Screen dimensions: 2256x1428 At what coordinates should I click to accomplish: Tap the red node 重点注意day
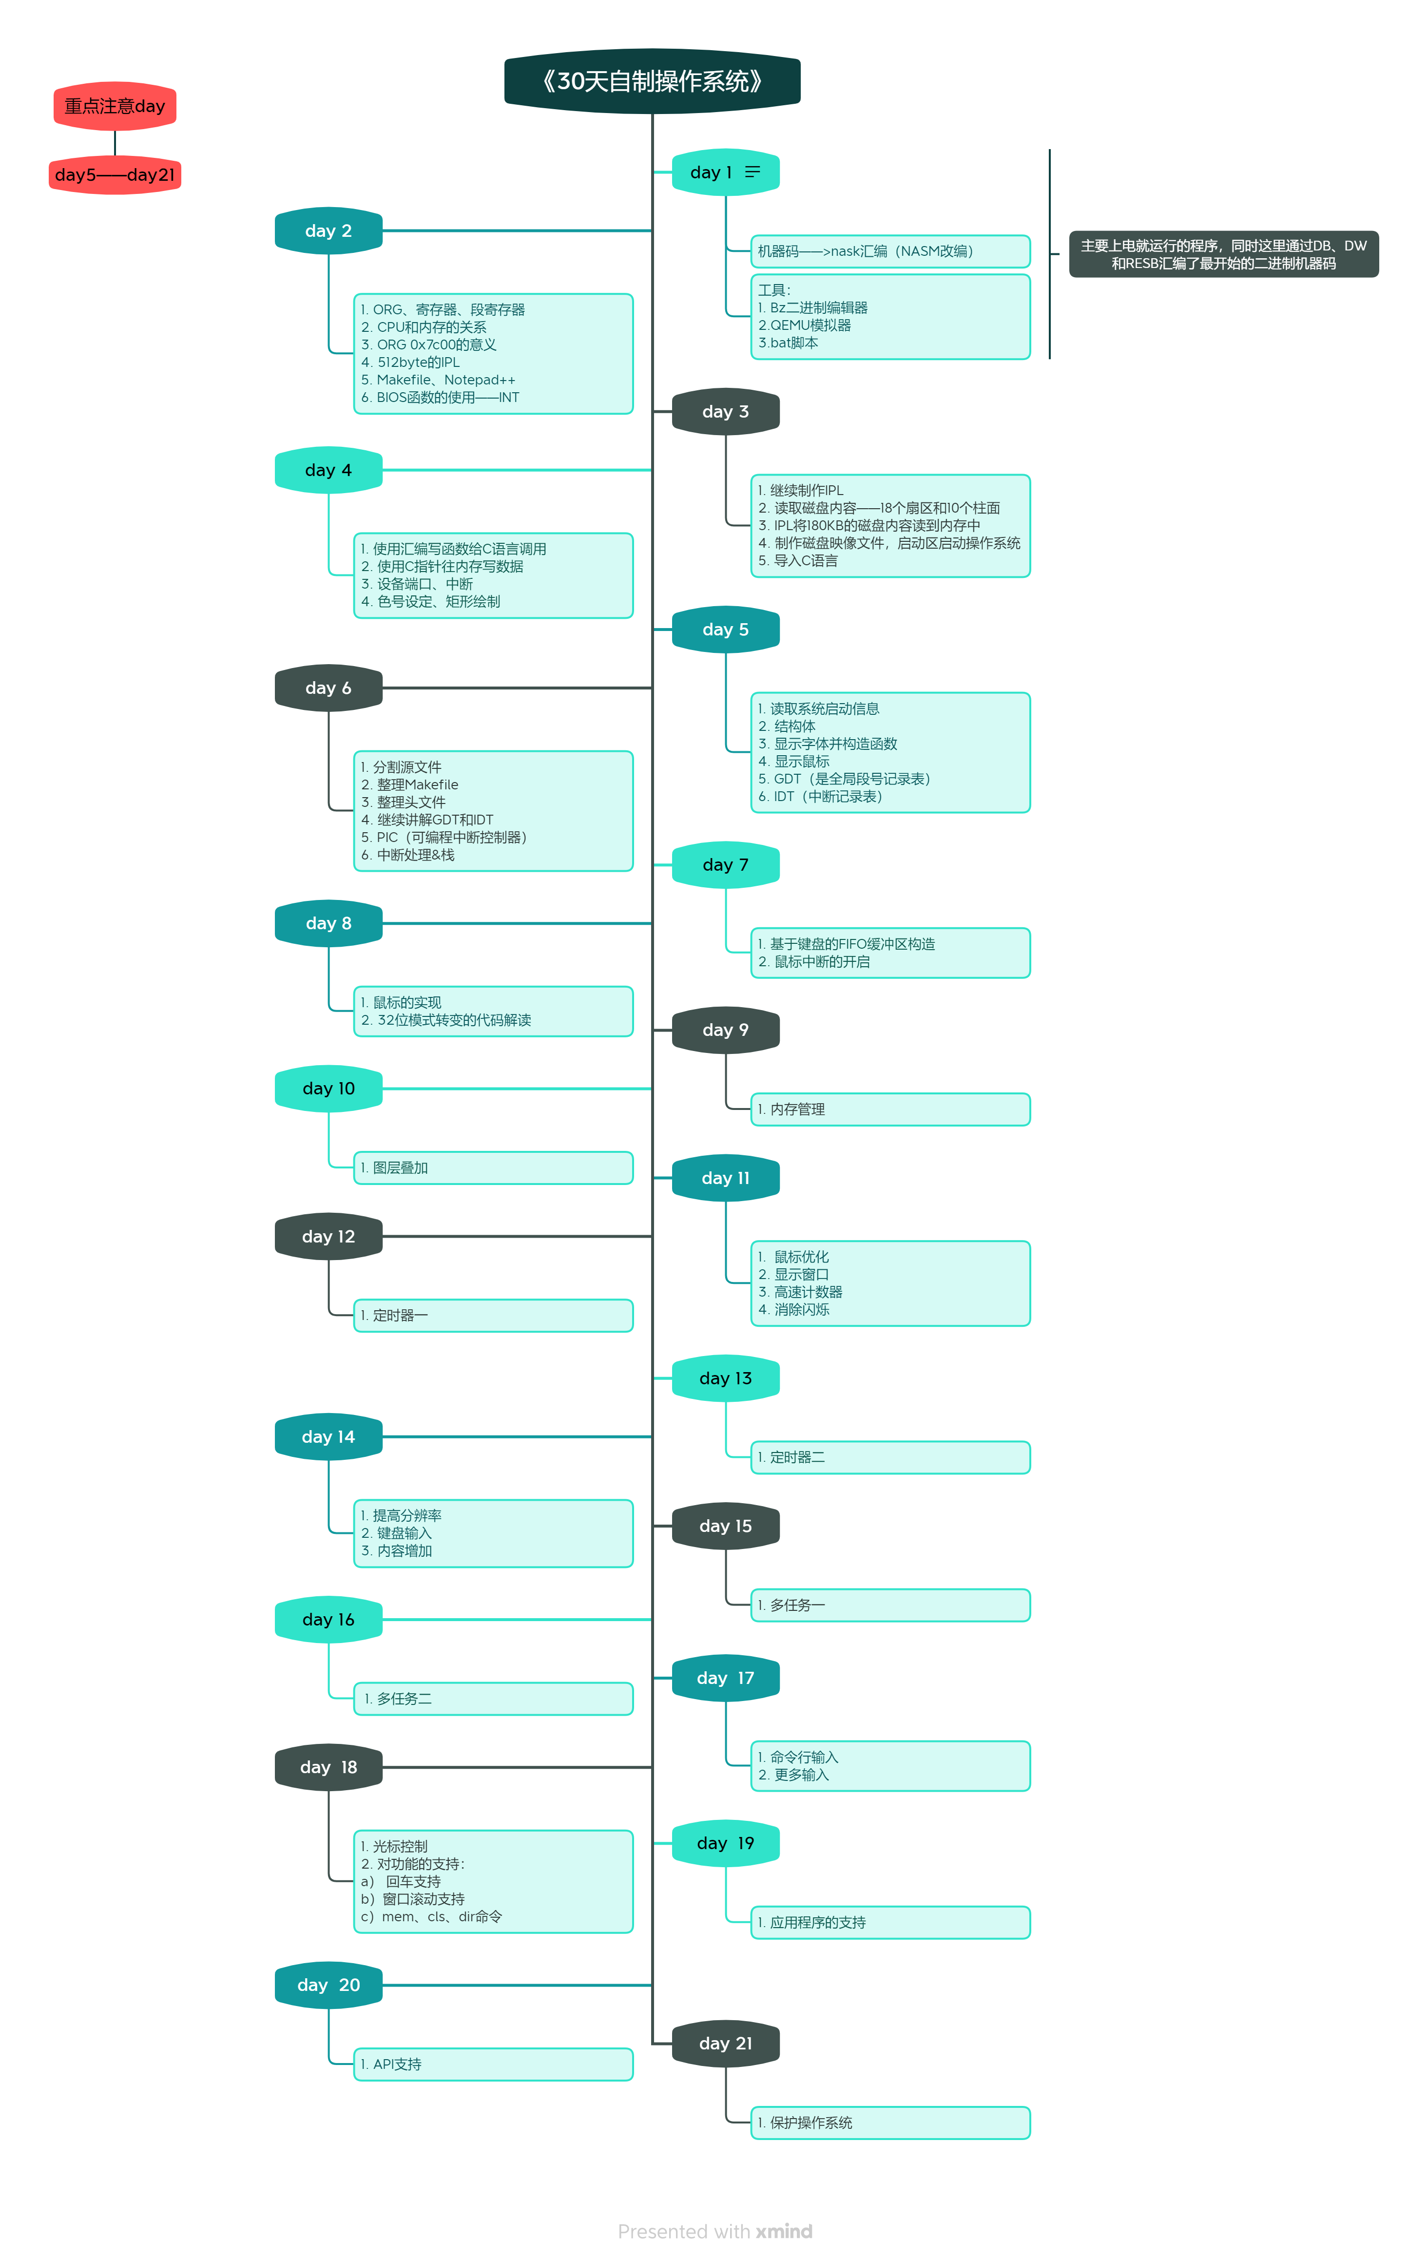[x=115, y=106]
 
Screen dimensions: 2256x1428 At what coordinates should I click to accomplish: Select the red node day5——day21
[x=115, y=175]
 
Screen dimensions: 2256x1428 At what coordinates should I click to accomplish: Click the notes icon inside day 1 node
[x=753, y=172]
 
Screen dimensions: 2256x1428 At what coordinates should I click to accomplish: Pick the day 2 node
[x=328, y=230]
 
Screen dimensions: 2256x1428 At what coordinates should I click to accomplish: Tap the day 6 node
[x=328, y=688]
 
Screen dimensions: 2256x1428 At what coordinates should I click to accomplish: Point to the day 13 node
[x=725, y=1378]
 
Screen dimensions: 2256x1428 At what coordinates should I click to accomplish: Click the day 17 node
[x=725, y=1678]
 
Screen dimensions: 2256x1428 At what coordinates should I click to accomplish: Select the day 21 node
[x=725, y=2044]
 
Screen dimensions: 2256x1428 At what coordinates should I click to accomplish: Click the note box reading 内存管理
[x=889, y=1109]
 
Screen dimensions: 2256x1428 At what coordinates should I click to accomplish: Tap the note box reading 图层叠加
[x=493, y=1167]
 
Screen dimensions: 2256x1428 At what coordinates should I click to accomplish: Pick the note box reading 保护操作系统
[x=889, y=2123]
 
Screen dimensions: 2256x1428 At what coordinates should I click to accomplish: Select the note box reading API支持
[x=493, y=2064]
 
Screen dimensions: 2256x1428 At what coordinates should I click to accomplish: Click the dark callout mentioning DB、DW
[x=1223, y=254]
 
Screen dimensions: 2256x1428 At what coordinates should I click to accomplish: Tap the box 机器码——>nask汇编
[x=889, y=251]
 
